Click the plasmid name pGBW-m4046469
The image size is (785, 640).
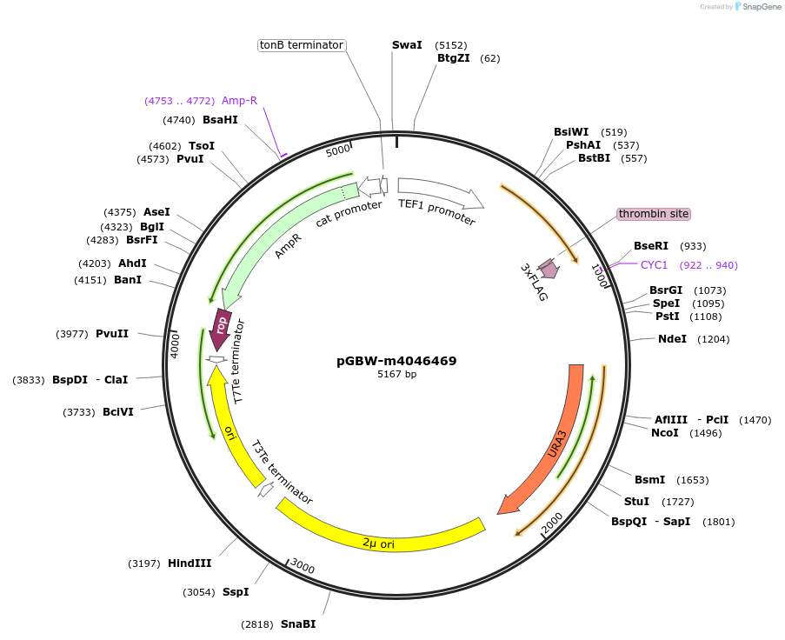[x=396, y=361]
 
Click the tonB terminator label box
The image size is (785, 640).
[x=302, y=45]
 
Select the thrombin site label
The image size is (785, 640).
[x=654, y=214]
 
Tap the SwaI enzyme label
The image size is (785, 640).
[x=407, y=45]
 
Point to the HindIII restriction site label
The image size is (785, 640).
[x=190, y=563]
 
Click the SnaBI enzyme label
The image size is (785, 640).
[x=297, y=624]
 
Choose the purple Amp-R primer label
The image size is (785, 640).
[x=239, y=101]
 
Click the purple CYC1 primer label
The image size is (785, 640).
[x=654, y=265]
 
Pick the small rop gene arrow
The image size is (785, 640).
[x=222, y=329]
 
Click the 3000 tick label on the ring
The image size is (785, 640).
[x=303, y=568]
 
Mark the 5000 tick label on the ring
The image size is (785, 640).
[x=338, y=151]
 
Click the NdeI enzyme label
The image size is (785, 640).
[x=672, y=339]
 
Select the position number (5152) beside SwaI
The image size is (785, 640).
[x=451, y=45]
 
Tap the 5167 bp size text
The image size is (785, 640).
[x=396, y=375]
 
